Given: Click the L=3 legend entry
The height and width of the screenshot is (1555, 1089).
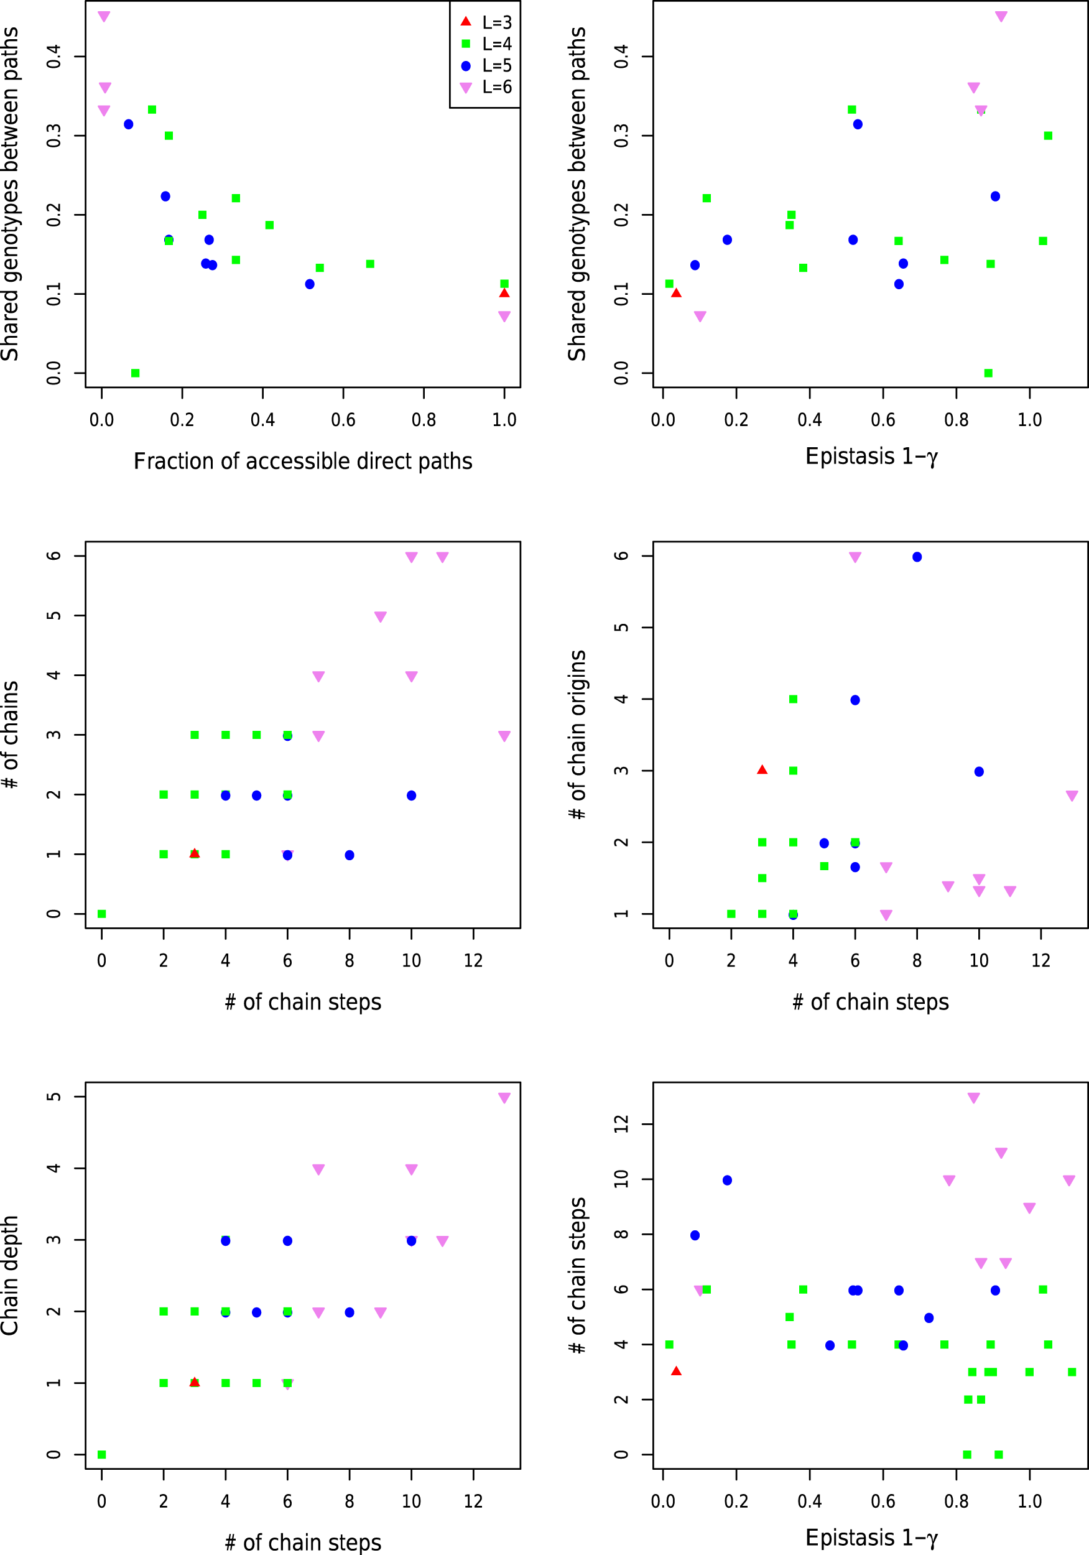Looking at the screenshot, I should tap(485, 22).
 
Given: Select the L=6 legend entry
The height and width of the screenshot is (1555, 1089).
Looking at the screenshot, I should tap(485, 87).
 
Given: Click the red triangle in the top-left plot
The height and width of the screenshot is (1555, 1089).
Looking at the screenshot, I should tap(504, 292).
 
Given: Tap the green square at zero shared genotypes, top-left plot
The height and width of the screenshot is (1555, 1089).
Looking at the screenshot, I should tap(136, 373).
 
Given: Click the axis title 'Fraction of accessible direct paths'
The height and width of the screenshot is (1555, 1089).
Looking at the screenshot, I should tap(303, 462).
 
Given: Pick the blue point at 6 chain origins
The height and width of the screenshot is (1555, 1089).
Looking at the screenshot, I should tap(917, 557).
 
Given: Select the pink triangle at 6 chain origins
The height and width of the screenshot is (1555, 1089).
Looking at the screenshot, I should tap(855, 557).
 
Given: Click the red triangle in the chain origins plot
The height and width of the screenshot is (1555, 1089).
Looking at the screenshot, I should tap(762, 769).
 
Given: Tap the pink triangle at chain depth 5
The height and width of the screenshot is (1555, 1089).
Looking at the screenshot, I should tap(504, 1098).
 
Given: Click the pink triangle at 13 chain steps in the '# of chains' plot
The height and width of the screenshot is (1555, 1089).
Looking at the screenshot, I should tap(504, 736).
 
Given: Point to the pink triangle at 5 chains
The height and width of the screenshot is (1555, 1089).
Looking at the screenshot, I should tap(381, 617).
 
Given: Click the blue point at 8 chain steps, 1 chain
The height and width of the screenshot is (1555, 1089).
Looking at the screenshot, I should tap(350, 855).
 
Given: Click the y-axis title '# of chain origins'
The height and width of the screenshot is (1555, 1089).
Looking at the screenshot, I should tap(578, 735).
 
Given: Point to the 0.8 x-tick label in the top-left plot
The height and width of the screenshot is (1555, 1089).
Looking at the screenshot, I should tap(424, 420).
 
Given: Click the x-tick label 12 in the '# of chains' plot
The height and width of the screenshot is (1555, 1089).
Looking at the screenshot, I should tap(473, 960).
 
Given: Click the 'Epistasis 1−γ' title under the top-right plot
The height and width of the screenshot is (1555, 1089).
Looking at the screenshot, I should tap(871, 457).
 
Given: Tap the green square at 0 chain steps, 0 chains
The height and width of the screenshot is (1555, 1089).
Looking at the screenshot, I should tap(101, 914).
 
